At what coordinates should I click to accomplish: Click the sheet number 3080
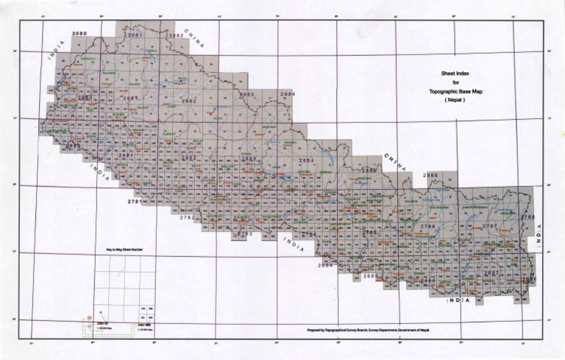pos(79,35)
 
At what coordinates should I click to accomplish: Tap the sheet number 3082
pos(176,35)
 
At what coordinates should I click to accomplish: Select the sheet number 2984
pos(288,94)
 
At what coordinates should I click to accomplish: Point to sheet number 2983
pos(247,95)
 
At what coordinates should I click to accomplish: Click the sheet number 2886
pos(430,174)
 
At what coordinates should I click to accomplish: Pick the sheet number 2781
pos(134,201)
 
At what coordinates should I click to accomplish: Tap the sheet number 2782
pos(187,217)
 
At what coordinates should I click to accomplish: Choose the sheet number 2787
pos(490,225)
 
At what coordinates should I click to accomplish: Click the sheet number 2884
pos(306,160)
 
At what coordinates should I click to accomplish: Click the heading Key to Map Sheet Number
pos(124,250)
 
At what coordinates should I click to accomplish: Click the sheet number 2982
pos(188,101)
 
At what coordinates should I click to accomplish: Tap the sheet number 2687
pos(491,273)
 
